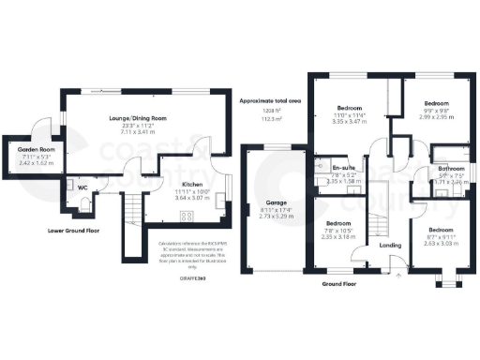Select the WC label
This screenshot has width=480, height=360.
82,187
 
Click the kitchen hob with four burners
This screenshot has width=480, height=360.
187,217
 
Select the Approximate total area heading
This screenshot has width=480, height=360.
271,99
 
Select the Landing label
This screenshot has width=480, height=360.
390,247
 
